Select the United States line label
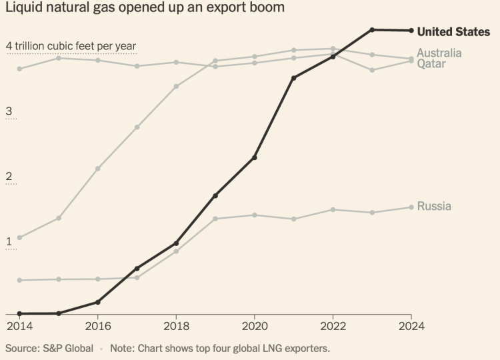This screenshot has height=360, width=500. pyautogui.click(x=453, y=31)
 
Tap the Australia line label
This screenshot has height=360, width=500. pyautogui.click(x=439, y=53)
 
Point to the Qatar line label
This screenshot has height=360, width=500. pyautogui.click(x=431, y=64)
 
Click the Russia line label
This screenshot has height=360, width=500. pyautogui.click(x=434, y=206)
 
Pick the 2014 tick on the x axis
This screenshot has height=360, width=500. pyautogui.click(x=19, y=326)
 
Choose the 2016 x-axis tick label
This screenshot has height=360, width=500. pyautogui.click(x=98, y=326)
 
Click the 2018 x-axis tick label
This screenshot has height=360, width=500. pyautogui.click(x=176, y=326)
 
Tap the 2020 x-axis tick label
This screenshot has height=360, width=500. pyautogui.click(x=254, y=326)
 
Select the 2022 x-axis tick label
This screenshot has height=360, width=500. pyautogui.click(x=333, y=326)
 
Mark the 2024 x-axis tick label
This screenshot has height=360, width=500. pyautogui.click(x=411, y=326)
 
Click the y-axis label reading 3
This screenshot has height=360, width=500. pyautogui.click(x=9, y=111)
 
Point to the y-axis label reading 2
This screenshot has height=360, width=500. pyautogui.click(x=9, y=177)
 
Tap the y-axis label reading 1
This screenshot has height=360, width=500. pyautogui.click(x=9, y=241)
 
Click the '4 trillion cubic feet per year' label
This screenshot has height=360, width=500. pyautogui.click(x=71, y=45)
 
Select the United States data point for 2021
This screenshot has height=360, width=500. pyautogui.click(x=294, y=78)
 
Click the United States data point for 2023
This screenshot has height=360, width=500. pyautogui.click(x=372, y=30)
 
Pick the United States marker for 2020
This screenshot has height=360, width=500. pyautogui.click(x=255, y=157)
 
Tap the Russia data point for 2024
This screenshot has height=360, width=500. pyautogui.click(x=411, y=207)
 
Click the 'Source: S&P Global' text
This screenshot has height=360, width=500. pyautogui.click(x=49, y=348)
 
